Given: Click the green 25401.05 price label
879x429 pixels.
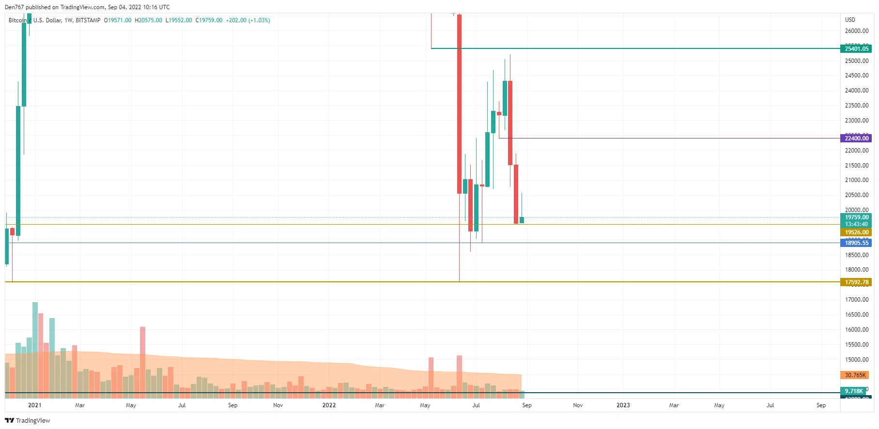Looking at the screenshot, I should pyautogui.click(x=856, y=48).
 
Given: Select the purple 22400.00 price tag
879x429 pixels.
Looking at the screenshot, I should pyautogui.click(x=856, y=138).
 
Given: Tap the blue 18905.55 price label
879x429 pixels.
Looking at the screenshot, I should pyautogui.click(x=856, y=243).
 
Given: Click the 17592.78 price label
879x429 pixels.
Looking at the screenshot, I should pyautogui.click(x=856, y=282).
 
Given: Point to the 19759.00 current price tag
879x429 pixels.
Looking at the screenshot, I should pyautogui.click(x=856, y=217).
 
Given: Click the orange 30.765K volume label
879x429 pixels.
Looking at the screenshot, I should pyautogui.click(x=855, y=375).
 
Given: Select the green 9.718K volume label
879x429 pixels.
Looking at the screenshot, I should pyautogui.click(x=854, y=391).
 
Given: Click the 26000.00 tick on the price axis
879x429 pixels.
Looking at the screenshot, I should pyautogui.click(x=856, y=31).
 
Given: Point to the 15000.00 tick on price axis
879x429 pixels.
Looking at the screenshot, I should pyautogui.click(x=856, y=360).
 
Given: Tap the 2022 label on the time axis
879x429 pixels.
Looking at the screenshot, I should pyautogui.click(x=329, y=405).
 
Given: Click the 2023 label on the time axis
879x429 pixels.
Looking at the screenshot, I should pyautogui.click(x=623, y=405).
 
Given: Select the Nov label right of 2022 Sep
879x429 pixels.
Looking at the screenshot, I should pyautogui.click(x=578, y=405).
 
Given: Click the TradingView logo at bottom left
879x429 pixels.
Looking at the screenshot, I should pyautogui.click(x=28, y=420).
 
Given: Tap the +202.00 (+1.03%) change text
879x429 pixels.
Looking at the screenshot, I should pyautogui.click(x=247, y=20).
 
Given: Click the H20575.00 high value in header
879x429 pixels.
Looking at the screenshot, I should pyautogui.click(x=148, y=20).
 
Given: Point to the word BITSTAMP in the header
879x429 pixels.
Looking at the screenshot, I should pyautogui.click(x=88, y=20).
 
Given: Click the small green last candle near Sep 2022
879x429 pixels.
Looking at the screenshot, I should pyautogui.click(x=522, y=220).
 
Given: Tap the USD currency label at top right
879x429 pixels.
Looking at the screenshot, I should pyautogui.click(x=850, y=20).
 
